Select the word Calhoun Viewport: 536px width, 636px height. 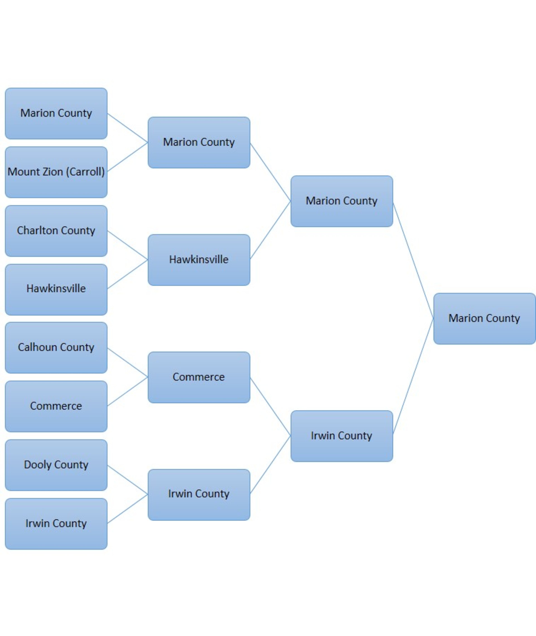pyautogui.click(x=37, y=347)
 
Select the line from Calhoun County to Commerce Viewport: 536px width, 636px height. pyautogui.click(x=128, y=363)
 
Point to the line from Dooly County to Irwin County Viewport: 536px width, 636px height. pyautogui.click(x=128, y=480)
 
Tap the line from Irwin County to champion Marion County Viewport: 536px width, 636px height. pyautogui.click(x=413, y=376)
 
